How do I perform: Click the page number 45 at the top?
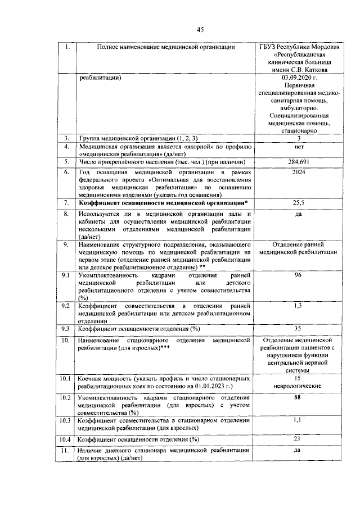(200, 30)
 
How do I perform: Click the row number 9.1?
(65, 275)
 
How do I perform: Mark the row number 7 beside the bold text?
(65, 202)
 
